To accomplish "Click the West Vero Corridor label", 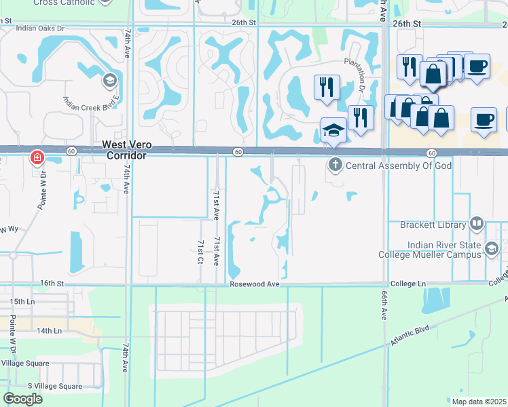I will tap(124, 150).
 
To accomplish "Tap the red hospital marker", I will tap(37, 158).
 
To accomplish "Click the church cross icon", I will tap(335, 164).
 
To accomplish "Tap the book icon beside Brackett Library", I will tap(477, 223).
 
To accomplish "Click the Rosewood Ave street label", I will tap(255, 284).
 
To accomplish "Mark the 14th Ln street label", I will tap(50, 330).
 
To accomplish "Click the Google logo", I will tap(22, 399).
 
